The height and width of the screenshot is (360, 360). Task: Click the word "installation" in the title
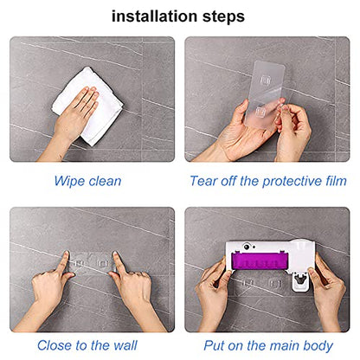coord(154,16)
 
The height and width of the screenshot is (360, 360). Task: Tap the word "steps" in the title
coord(223,17)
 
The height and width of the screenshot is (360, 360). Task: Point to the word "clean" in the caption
coord(105,181)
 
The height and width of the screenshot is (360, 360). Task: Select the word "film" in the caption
coord(336,181)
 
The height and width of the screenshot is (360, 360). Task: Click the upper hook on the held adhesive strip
coord(265,80)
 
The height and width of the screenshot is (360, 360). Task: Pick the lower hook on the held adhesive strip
coord(260,112)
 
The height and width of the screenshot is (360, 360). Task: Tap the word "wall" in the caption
coord(125,345)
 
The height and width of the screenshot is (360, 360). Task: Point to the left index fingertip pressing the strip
coord(67,254)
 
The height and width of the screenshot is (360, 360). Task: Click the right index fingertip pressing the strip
coord(115,254)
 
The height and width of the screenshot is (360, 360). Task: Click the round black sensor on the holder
coord(247,247)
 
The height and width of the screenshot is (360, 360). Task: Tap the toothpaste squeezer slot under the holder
coord(300,280)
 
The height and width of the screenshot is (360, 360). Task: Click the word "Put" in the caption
coord(214,345)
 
